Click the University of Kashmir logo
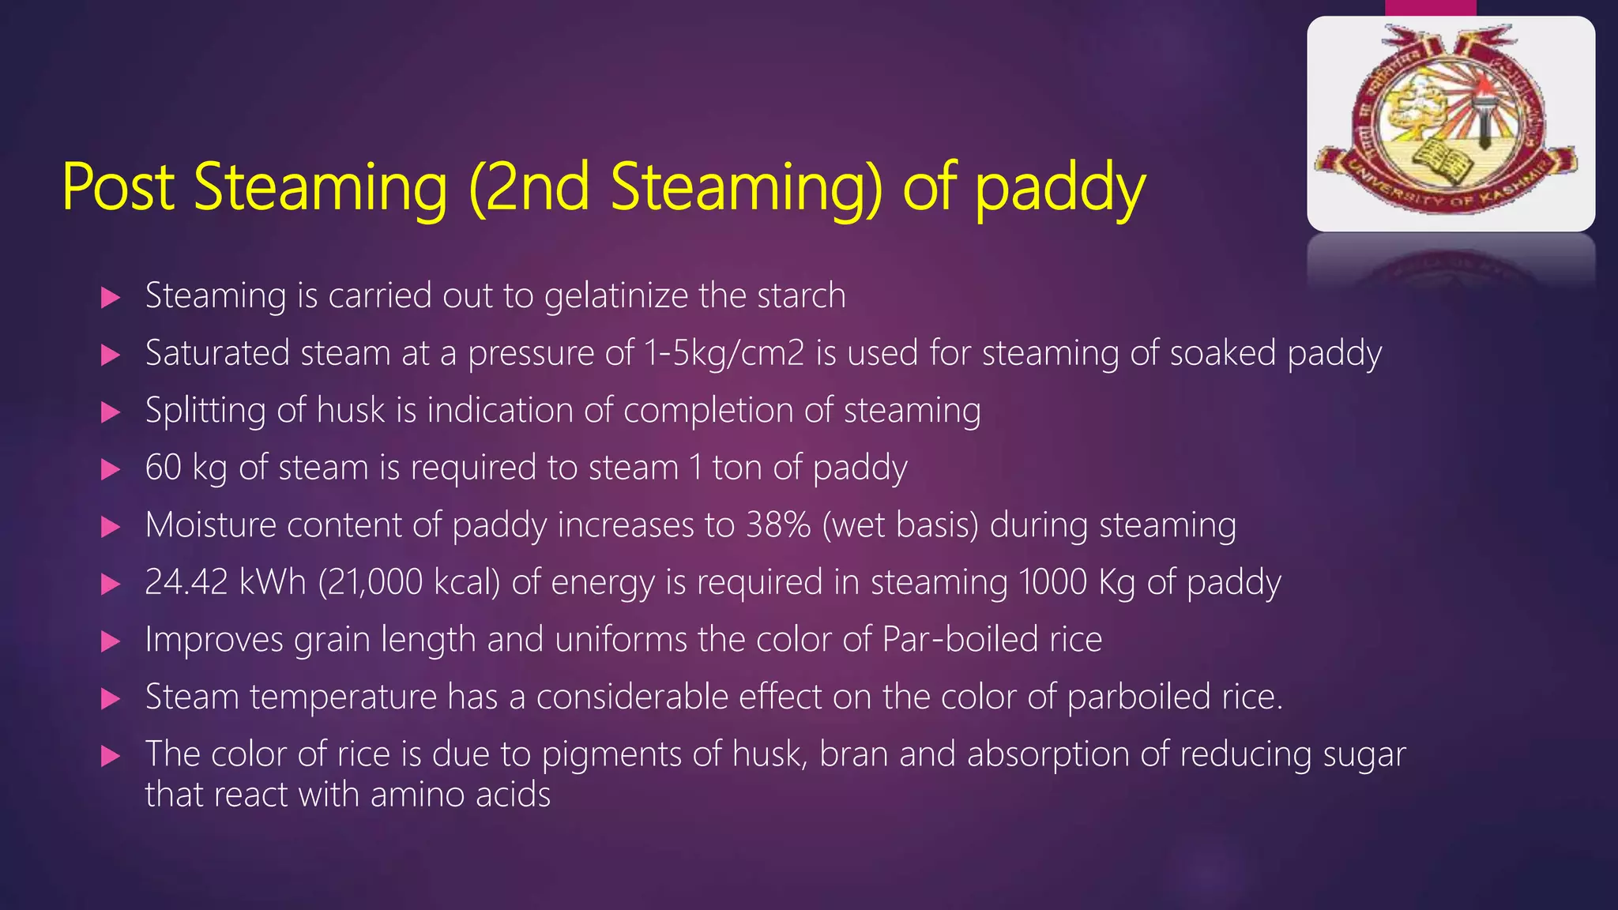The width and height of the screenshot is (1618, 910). pos(1451,123)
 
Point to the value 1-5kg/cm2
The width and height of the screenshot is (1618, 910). pos(724,353)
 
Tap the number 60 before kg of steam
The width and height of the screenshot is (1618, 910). pos(164,468)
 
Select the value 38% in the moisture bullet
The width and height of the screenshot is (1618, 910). pos(777,525)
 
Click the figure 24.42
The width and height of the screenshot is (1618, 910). pos(186,582)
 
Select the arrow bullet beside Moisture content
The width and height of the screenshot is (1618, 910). pos(111,527)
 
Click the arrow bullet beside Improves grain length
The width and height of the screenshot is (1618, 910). pos(111,641)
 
